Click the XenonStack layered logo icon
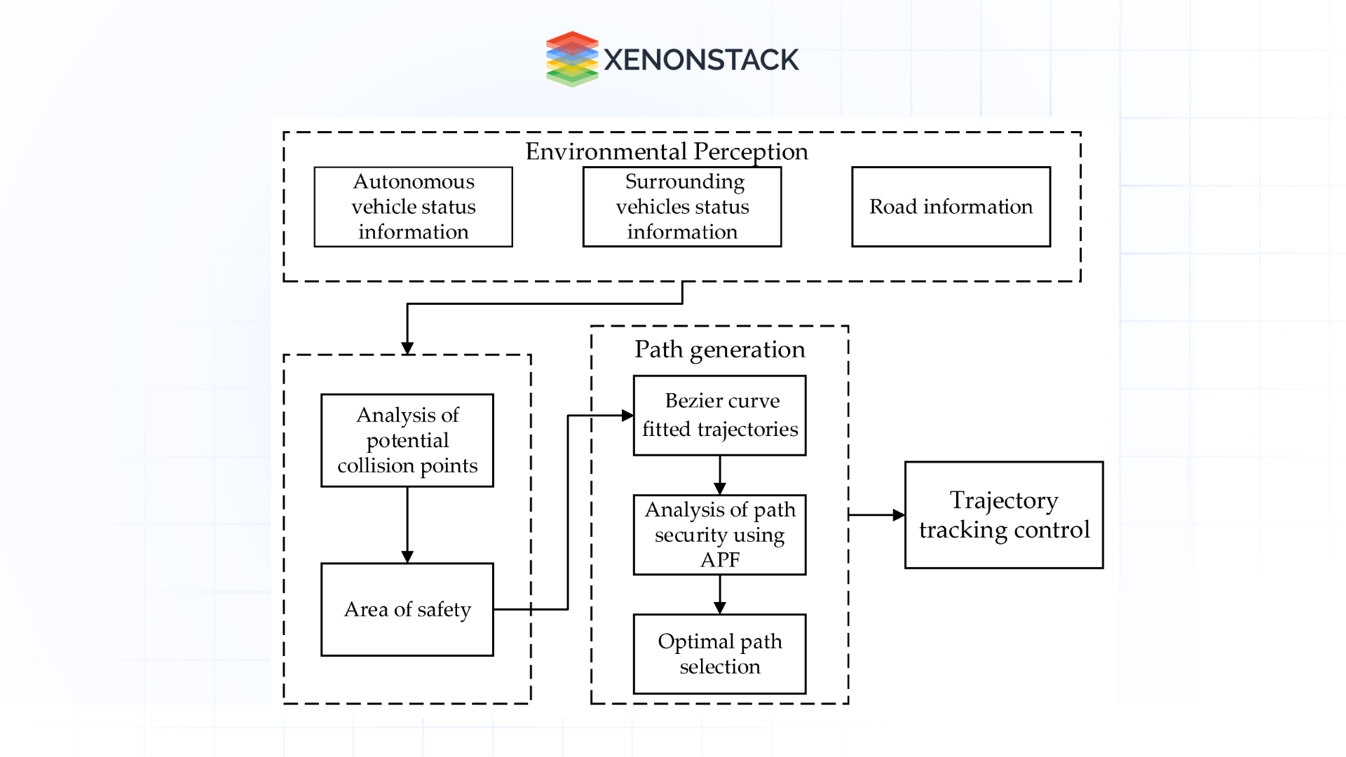click(x=572, y=59)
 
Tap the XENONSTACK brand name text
click(x=701, y=60)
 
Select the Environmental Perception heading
click(x=667, y=151)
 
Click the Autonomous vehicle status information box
click(x=414, y=207)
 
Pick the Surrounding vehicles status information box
click(x=682, y=207)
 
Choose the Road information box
click(x=951, y=207)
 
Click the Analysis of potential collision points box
click(x=407, y=440)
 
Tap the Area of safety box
click(x=407, y=609)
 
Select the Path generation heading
click(x=720, y=349)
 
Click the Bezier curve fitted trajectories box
click(x=720, y=415)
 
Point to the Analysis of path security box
click(x=720, y=535)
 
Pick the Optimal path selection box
click(x=720, y=654)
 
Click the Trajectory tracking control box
click(x=1004, y=515)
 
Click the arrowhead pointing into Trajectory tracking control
click(x=899, y=515)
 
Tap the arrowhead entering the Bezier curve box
click(x=627, y=416)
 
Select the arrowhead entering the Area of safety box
click(x=407, y=557)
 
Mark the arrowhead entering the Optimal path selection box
click(x=720, y=608)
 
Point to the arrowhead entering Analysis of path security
click(x=720, y=489)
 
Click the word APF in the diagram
click(x=720, y=560)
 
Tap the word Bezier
click(x=691, y=401)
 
